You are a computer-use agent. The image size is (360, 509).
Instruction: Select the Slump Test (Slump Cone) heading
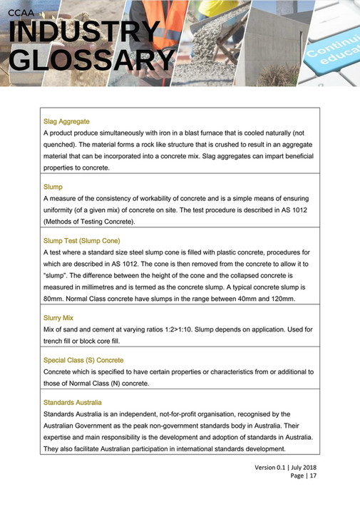coord(82,240)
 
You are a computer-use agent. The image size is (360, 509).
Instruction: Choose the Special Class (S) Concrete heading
coord(83,360)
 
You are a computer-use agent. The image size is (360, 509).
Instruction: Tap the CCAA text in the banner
coord(23,9)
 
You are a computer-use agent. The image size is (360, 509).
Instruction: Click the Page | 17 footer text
coord(304,476)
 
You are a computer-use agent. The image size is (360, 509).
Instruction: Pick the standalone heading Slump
coord(53,187)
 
